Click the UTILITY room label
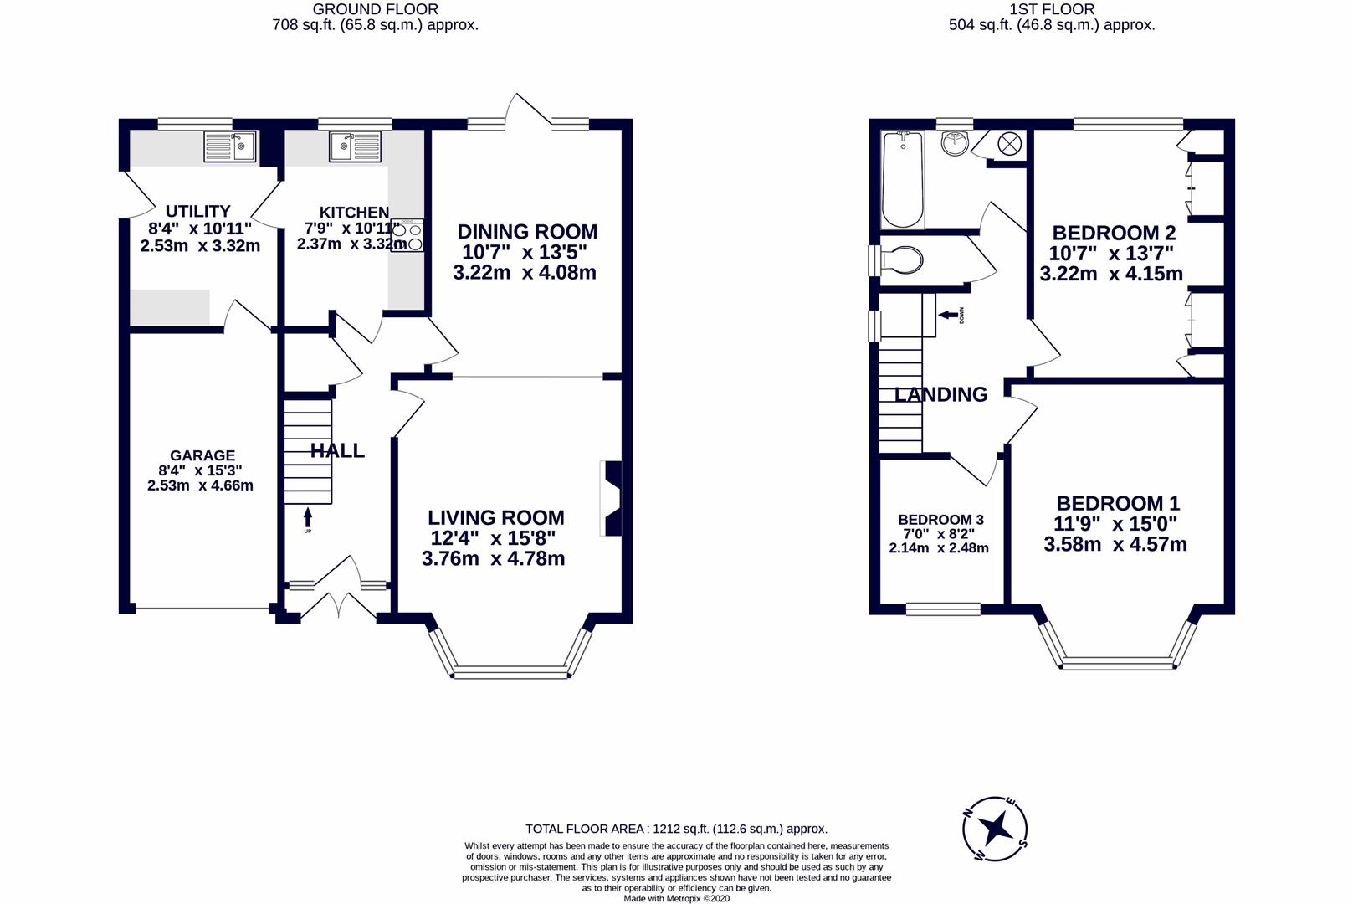[x=197, y=211]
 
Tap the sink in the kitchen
[x=355, y=146]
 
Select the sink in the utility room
[x=230, y=146]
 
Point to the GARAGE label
[x=202, y=456]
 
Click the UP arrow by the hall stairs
[x=307, y=517]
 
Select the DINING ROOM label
[x=526, y=232]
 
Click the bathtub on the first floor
[x=903, y=179]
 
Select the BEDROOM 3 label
[x=940, y=520]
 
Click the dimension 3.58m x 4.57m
[x=1115, y=544]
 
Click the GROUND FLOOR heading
[x=375, y=9]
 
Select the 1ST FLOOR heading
[x=1051, y=9]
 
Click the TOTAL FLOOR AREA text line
[x=676, y=829]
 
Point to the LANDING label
[x=940, y=394]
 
